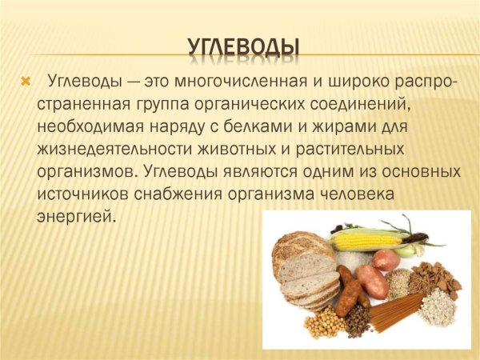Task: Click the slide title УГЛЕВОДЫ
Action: click(244, 46)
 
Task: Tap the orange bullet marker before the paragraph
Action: click(25, 82)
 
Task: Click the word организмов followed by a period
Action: click(85, 171)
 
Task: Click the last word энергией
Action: click(76, 216)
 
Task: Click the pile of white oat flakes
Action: click(437, 306)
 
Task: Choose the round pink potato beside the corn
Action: click(386, 259)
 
